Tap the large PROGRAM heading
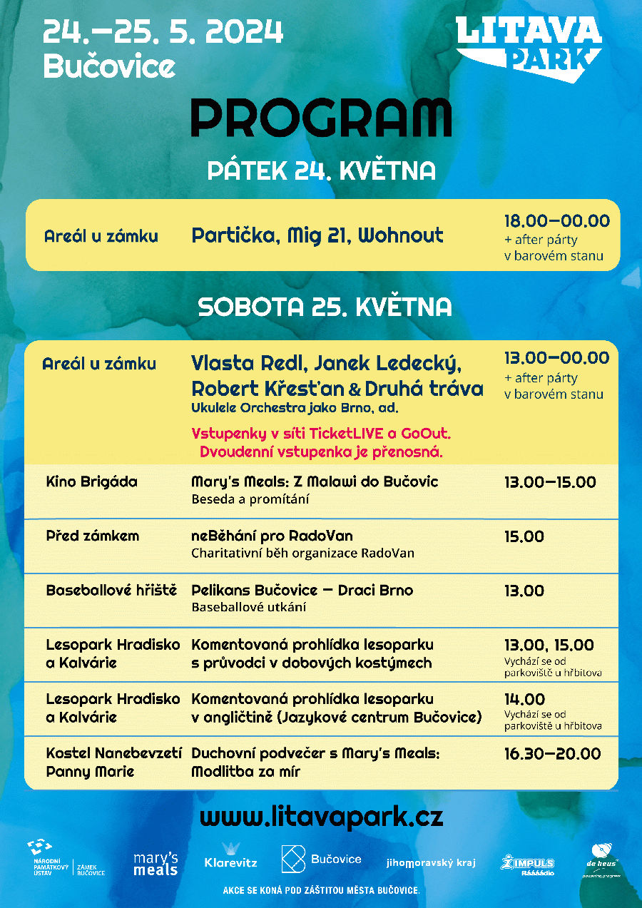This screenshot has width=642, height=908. [321, 118]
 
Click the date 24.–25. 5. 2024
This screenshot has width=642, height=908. [163, 33]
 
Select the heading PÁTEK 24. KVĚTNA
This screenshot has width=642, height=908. [321, 171]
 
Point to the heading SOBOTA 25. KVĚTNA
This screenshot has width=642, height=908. [325, 307]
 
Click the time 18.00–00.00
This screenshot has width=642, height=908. [557, 221]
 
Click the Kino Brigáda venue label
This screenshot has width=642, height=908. [91, 482]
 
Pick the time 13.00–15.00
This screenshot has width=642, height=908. [550, 482]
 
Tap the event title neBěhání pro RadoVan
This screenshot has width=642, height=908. [272, 536]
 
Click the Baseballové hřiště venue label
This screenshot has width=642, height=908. [111, 591]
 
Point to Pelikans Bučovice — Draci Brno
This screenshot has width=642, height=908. [302, 591]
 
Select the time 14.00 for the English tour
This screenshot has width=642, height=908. [524, 699]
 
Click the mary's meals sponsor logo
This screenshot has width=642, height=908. [156, 864]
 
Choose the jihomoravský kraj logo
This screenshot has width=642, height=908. [431, 862]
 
